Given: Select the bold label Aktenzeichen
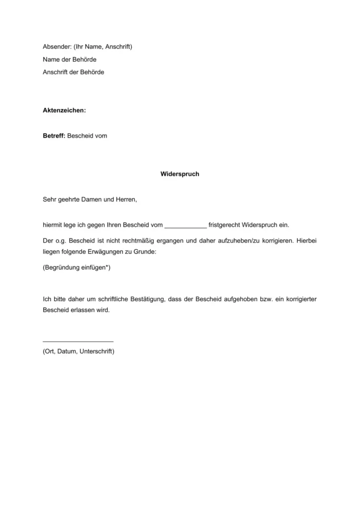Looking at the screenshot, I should (64, 110).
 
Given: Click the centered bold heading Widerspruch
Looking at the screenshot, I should (180, 174).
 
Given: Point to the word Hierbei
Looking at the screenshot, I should (306, 241).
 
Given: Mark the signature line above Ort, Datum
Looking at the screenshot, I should (78, 341).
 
